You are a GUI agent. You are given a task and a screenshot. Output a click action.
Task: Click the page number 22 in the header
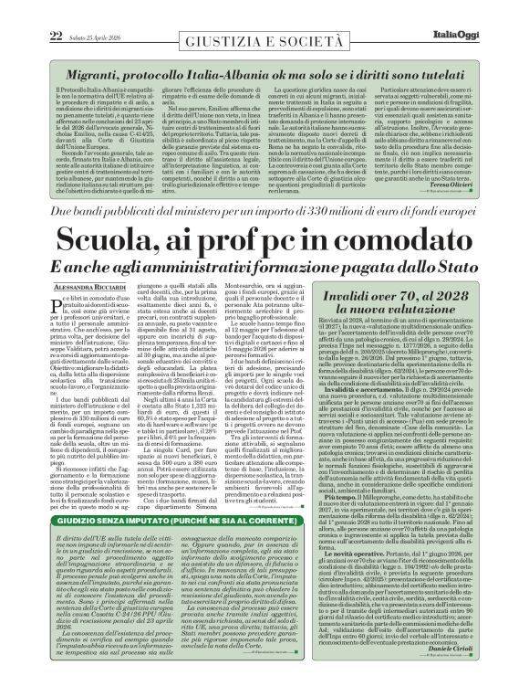click(17, 10)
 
